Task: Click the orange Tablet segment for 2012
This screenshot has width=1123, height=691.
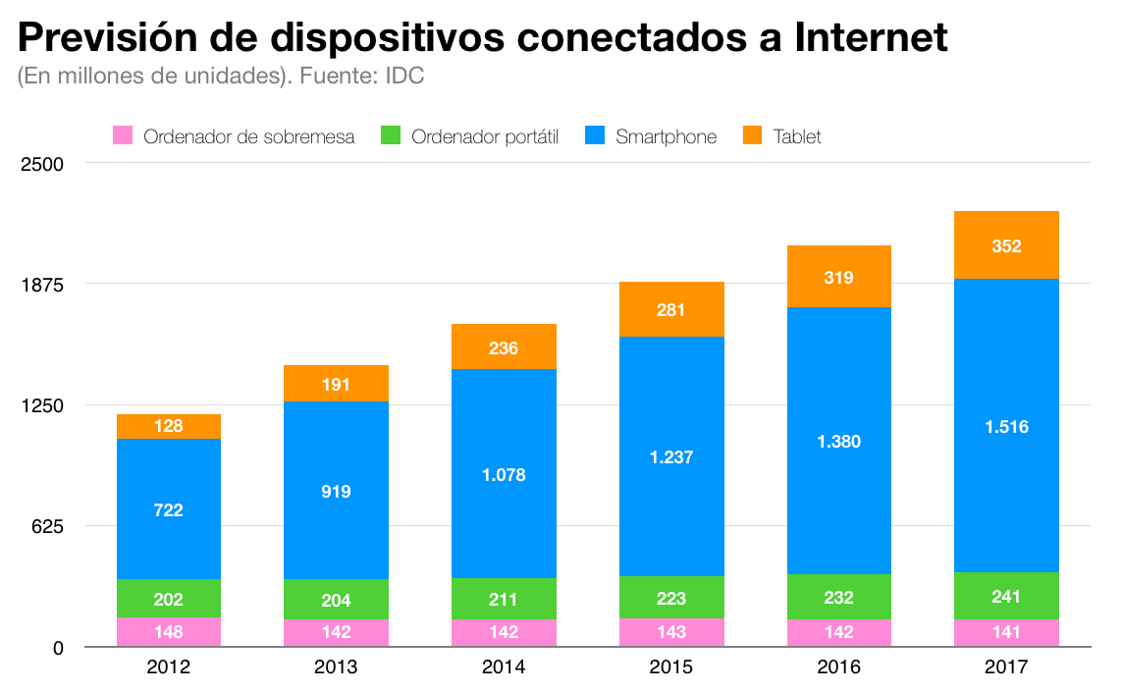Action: tap(169, 426)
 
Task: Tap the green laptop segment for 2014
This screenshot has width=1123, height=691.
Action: tap(504, 599)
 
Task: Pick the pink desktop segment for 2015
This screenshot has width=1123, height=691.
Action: tap(671, 632)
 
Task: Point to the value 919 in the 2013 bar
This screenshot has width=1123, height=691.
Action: tap(336, 492)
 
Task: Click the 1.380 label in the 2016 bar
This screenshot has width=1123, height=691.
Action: tap(838, 442)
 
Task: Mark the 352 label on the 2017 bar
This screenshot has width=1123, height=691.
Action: tap(1006, 246)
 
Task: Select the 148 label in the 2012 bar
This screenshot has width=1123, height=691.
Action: tap(169, 632)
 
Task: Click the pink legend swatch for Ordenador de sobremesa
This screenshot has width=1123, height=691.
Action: tap(123, 136)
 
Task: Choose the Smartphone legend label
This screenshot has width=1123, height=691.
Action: tap(666, 136)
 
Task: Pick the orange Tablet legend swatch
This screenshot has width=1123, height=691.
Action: tap(753, 136)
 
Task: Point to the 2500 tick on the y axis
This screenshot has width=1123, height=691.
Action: tap(42, 164)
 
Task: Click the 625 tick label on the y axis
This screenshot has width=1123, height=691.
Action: tap(47, 526)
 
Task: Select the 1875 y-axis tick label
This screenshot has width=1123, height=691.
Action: tap(42, 285)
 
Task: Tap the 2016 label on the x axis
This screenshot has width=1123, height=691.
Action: tap(838, 667)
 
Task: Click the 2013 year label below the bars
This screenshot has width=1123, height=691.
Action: tap(336, 667)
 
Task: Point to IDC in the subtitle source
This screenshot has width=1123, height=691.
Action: tap(404, 77)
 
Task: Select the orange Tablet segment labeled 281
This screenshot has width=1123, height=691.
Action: tap(671, 309)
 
